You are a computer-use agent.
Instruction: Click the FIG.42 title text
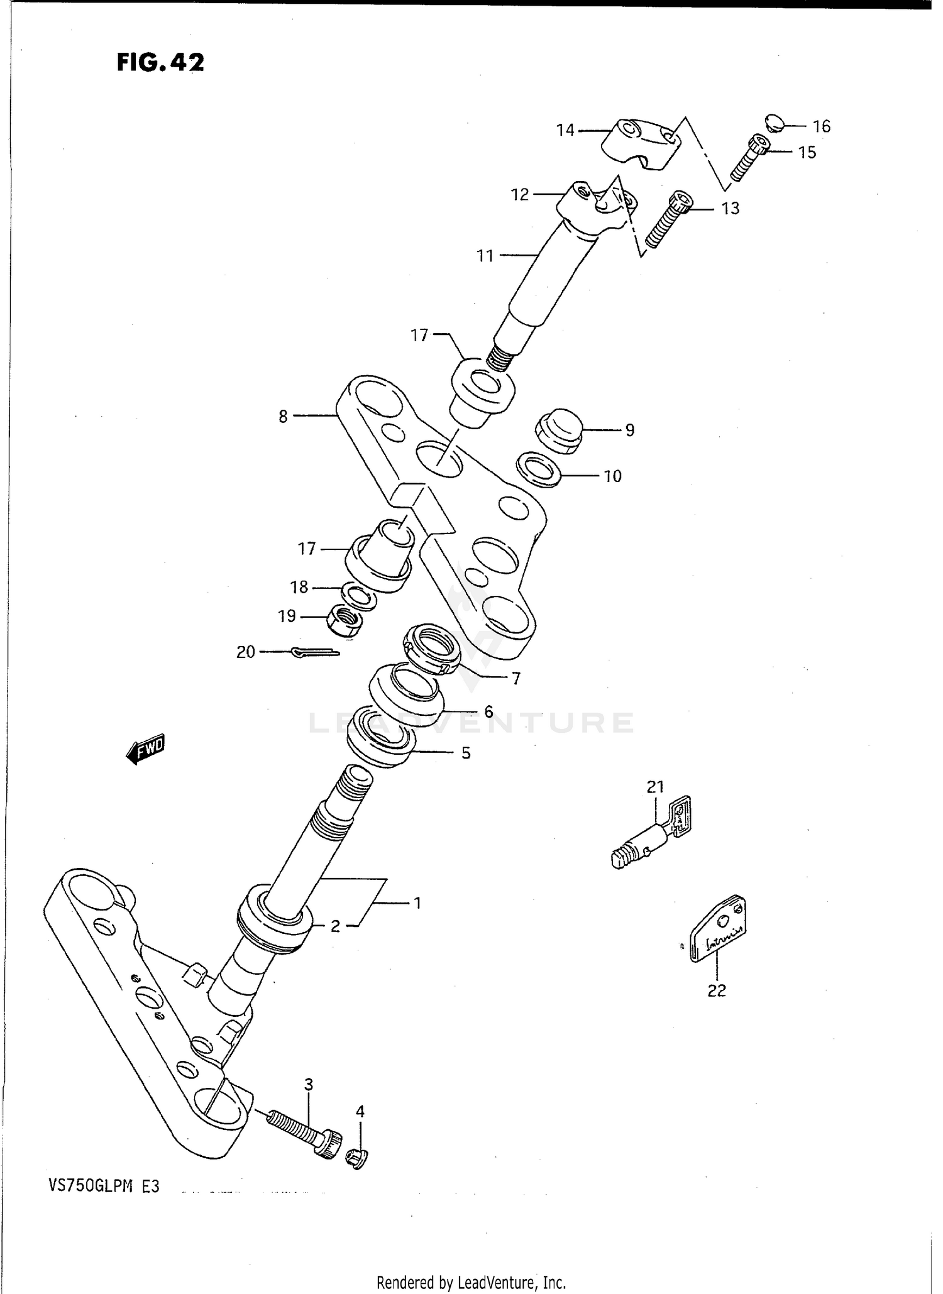pos(160,62)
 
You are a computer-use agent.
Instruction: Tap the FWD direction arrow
pos(146,748)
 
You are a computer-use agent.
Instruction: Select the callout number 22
pos(716,990)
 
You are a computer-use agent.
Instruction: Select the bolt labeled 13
pos(668,219)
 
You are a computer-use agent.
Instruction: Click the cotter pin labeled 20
pos(316,653)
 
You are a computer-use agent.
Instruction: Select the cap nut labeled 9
pos(558,430)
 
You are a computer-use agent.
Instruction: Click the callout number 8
pos(283,416)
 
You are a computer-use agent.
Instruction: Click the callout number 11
pos(485,256)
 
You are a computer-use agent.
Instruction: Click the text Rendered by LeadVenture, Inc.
pos(471,1282)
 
